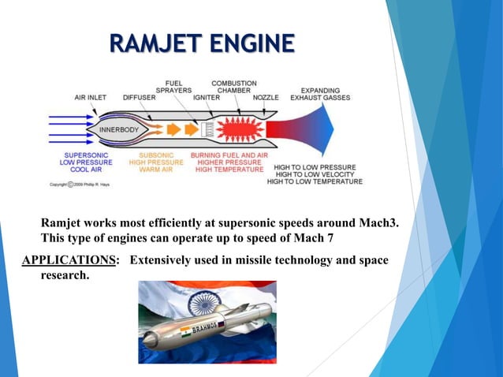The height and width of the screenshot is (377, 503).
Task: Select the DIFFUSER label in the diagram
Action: coord(140,98)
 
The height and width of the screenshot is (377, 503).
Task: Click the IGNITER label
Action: coord(206,98)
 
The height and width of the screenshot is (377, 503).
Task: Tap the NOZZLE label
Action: coord(266,98)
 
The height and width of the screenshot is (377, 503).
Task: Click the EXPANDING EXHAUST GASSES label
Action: coord(320,93)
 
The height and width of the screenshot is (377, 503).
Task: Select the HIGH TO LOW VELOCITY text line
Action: coord(315,174)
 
